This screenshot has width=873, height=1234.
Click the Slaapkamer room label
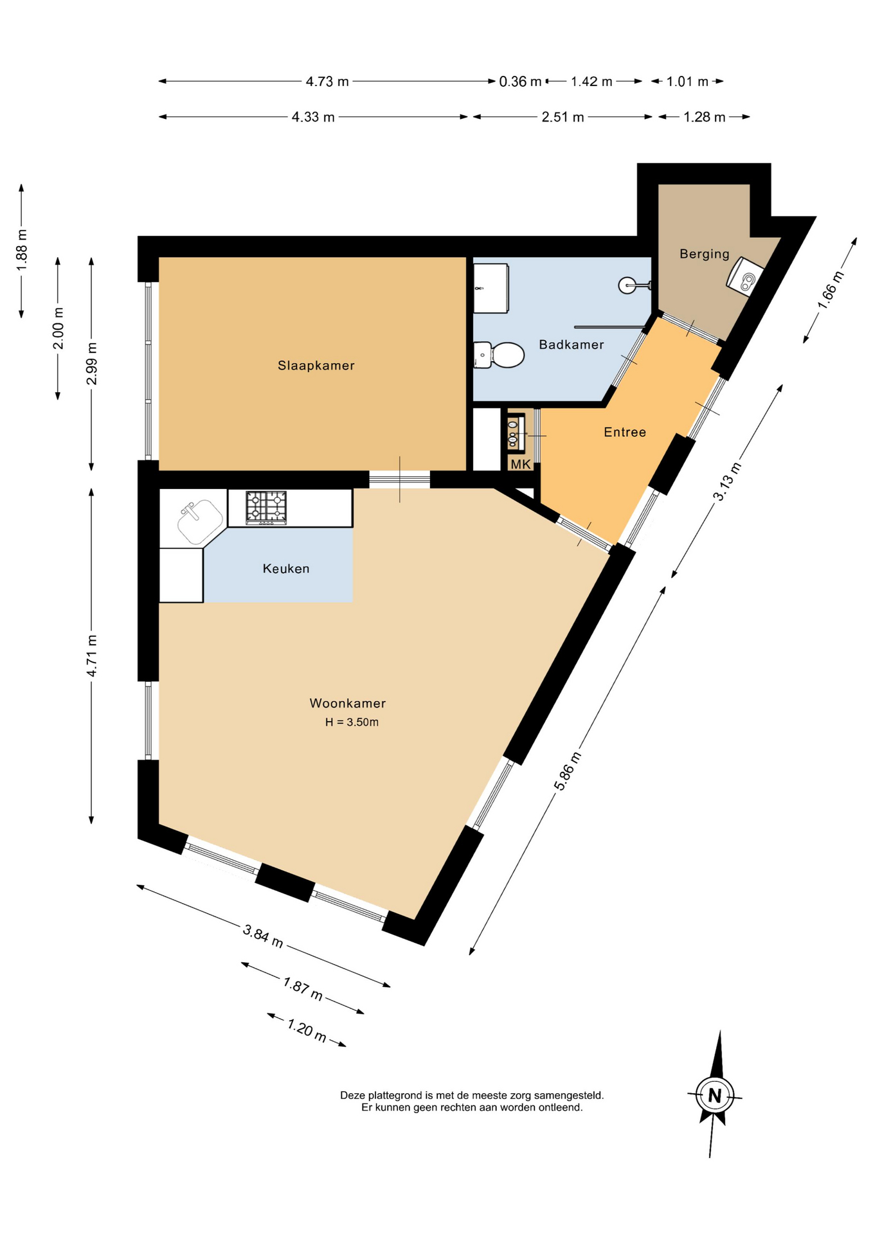[x=316, y=366]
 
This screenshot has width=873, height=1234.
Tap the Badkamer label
[x=571, y=344]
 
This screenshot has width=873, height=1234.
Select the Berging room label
[x=705, y=254]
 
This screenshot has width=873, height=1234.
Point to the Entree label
[x=624, y=432]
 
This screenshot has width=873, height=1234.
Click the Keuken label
[x=286, y=568]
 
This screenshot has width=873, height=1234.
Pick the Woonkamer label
[x=347, y=703]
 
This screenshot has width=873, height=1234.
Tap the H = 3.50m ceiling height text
[x=352, y=722]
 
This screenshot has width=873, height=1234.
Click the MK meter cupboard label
[x=520, y=464]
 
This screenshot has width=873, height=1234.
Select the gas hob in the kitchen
[x=266, y=508]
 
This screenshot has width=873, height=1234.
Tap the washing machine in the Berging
[x=745, y=276]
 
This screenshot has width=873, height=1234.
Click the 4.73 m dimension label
[x=327, y=82]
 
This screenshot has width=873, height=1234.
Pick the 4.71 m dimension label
[x=92, y=656]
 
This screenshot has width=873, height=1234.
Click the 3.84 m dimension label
[x=263, y=936]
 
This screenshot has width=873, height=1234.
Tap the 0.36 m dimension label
[x=520, y=82]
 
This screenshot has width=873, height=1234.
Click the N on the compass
[x=714, y=1095]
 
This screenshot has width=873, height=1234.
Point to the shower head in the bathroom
[x=627, y=285]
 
